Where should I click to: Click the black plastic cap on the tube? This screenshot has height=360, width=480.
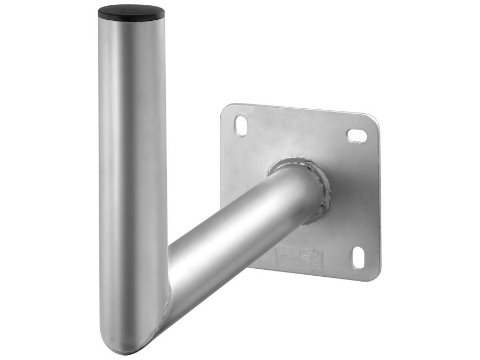(x=131, y=12)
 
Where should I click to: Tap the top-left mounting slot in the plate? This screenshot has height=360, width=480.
(x=241, y=125)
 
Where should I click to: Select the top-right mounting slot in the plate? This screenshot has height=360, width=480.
(x=357, y=135)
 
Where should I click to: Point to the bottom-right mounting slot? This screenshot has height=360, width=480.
(x=358, y=258)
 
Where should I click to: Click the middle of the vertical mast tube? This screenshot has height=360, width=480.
(x=132, y=176)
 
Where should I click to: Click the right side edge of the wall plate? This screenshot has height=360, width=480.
(x=379, y=197)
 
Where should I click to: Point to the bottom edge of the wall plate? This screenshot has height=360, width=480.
(x=320, y=276)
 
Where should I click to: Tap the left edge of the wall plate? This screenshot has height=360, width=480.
(x=221, y=160)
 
